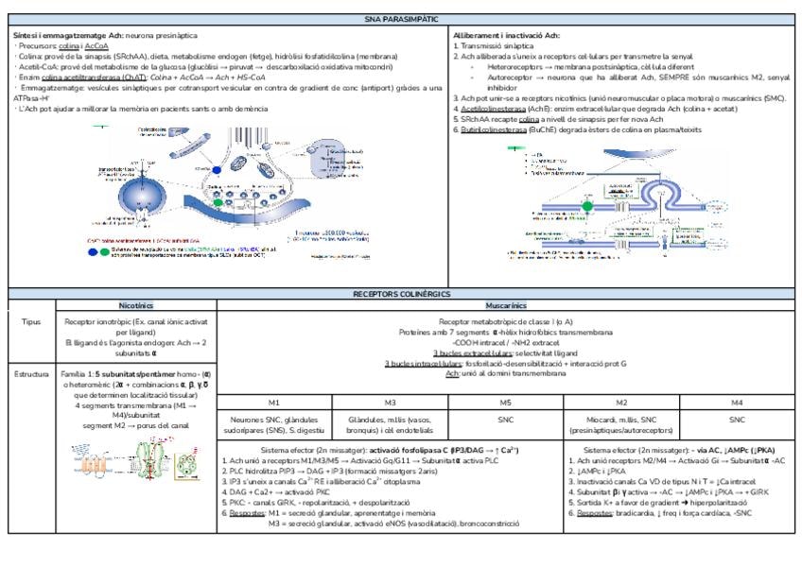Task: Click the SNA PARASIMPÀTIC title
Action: (400, 19)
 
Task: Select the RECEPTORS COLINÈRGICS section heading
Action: (400, 294)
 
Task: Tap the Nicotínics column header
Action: (136, 306)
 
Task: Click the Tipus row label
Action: (31, 321)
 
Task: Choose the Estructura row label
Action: (31, 374)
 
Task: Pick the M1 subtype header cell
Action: (273, 402)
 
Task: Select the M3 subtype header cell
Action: (389, 402)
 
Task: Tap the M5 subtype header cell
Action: (505, 402)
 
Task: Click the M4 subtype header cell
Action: (738, 402)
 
